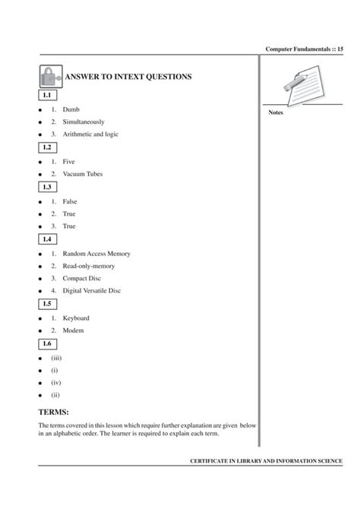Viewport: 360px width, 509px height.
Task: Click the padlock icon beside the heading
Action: [49, 77]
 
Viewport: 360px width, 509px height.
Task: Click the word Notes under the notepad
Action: [276, 113]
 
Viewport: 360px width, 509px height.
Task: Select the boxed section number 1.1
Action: [47, 96]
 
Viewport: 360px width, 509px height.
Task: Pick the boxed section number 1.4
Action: [47, 239]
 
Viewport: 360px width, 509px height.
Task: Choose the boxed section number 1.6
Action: [47, 344]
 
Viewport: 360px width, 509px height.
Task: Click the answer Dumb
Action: [71, 109]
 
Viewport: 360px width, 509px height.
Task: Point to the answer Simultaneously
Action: [84, 122]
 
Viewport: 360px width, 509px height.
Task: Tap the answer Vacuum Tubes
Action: [83, 174]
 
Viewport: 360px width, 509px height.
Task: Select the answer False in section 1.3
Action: [71, 201]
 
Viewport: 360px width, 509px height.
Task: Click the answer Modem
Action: [74, 330]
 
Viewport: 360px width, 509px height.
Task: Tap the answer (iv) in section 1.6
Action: [56, 382]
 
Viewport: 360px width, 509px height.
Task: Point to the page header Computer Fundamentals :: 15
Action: [305, 49]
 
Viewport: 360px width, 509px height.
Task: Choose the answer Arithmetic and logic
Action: [91, 134]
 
